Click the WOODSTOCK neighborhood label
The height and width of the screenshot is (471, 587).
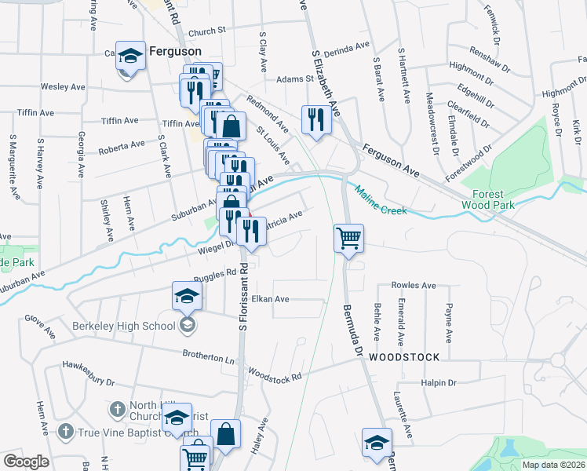[404, 356]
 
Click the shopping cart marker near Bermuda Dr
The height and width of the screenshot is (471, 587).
[348, 237]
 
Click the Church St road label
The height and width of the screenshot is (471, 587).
[206, 31]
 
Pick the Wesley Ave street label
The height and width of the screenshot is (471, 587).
[62, 86]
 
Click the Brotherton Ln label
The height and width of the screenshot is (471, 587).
[208, 356]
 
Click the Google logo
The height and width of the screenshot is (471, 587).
[26, 462]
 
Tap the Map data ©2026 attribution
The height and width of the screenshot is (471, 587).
[553, 465]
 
